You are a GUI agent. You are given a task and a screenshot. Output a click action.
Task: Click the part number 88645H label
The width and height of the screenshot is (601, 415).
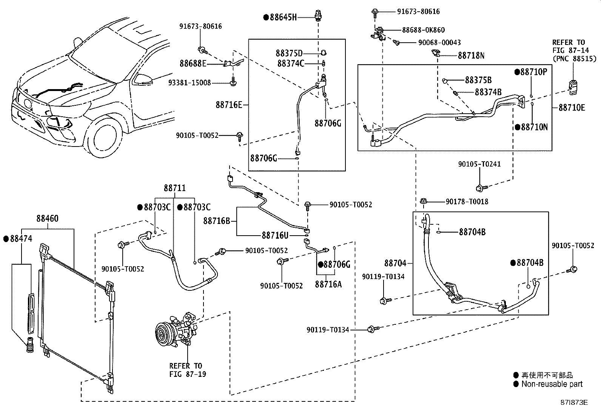[284, 17]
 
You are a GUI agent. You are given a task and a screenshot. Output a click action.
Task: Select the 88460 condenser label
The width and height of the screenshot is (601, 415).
[48, 219]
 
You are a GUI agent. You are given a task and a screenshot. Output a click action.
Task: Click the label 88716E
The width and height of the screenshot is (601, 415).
[229, 105]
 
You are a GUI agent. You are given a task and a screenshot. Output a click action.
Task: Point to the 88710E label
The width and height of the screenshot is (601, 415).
[572, 108]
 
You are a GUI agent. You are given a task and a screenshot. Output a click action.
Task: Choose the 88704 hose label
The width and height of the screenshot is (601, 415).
[395, 263]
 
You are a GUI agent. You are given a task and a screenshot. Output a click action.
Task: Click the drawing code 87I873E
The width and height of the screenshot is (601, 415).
[574, 403]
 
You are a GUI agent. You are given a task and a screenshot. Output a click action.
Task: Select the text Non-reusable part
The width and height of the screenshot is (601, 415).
[552, 384]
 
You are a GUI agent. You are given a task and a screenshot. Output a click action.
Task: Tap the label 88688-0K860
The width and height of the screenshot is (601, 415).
[424, 30]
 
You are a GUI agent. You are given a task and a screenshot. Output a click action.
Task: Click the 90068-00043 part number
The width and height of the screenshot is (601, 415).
[439, 43]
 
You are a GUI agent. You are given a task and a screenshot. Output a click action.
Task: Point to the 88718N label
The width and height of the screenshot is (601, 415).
[471, 56]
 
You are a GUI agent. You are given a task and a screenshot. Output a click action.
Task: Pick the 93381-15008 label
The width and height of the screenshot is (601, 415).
[190, 83]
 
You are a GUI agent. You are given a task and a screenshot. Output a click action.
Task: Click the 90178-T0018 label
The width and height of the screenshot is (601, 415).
[467, 202]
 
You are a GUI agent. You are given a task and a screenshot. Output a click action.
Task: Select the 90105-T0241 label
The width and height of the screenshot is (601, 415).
[479, 164]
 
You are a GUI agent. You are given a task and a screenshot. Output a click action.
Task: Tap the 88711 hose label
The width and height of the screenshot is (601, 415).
[175, 188]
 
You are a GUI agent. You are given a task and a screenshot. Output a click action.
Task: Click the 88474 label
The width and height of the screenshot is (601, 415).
[21, 239]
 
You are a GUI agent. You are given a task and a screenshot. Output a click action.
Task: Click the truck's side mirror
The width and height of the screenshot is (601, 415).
[143, 79]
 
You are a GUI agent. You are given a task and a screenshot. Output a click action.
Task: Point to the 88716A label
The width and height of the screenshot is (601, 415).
[328, 284]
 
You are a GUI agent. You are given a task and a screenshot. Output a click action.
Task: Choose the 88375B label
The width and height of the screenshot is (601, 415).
[478, 80]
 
